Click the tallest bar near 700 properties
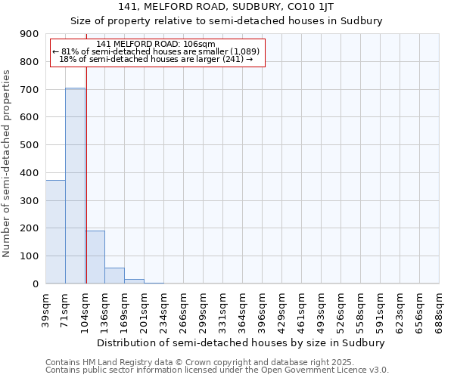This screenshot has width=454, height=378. click(x=75, y=185)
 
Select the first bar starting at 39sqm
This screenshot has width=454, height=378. click(x=55, y=231)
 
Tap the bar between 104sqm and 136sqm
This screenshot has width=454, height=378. click(x=95, y=257)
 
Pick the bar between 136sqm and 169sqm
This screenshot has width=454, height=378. click(x=114, y=275)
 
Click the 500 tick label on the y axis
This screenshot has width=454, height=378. click(x=30, y=145)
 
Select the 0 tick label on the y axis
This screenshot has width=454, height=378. click(x=36, y=283)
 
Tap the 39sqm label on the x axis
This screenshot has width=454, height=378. click(x=46, y=308)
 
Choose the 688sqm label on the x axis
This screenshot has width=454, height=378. click(x=440, y=308)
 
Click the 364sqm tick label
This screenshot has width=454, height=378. click(x=243, y=308)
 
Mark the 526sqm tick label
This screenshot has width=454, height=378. click(x=341, y=308)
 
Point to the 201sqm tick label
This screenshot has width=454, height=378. click(x=145, y=308)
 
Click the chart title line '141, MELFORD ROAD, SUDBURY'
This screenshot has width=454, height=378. click(x=226, y=7)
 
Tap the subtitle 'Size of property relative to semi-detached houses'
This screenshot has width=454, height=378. click(x=226, y=21)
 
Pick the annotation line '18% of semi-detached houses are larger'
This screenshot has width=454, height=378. click(x=156, y=59)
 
